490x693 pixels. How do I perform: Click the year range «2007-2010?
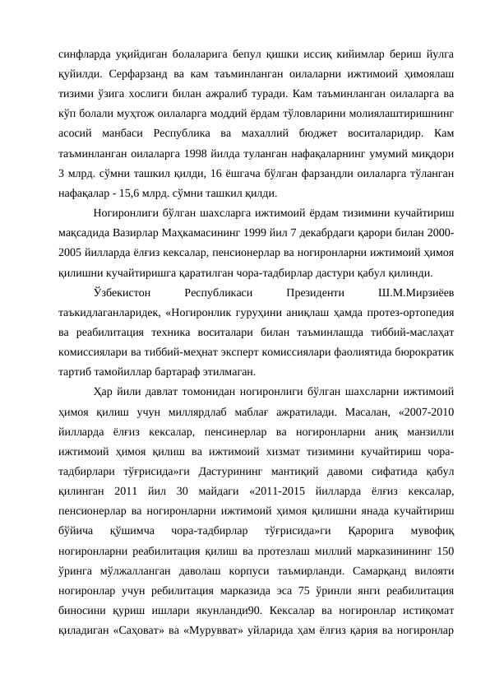click(x=425, y=412)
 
